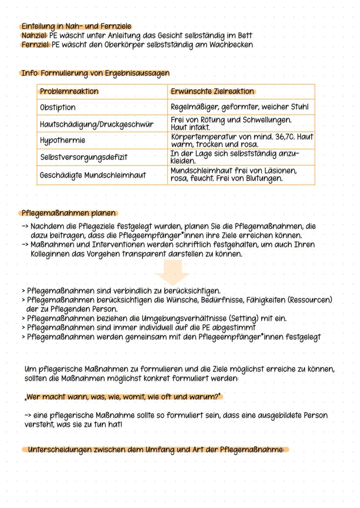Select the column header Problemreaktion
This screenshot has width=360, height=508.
(x=69, y=92)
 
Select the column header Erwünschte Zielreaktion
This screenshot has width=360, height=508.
(x=212, y=92)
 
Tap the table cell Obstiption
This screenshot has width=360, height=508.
(x=57, y=107)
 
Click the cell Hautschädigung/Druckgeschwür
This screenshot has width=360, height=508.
(x=96, y=124)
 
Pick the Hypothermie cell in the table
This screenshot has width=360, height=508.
(x=62, y=141)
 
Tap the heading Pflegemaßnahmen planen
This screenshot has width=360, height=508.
(x=68, y=213)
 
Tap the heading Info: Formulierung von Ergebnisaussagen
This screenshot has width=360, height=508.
(x=95, y=73)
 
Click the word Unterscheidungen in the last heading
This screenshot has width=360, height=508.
(x=59, y=449)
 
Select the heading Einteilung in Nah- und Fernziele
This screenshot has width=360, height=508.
(x=76, y=27)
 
